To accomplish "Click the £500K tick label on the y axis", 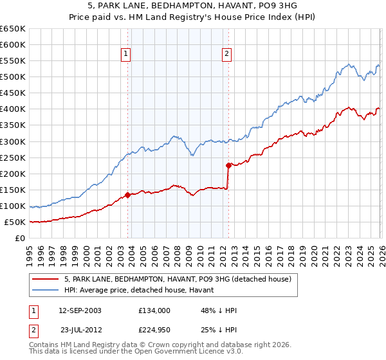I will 13,77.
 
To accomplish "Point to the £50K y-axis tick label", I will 15,222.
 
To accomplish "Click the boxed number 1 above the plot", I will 125,55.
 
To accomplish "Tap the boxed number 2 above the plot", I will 227,55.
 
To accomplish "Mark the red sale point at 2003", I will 127,195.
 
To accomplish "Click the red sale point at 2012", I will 228,165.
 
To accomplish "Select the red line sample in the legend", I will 46,279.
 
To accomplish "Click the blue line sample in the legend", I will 46,290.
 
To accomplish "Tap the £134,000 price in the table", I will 154,310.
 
